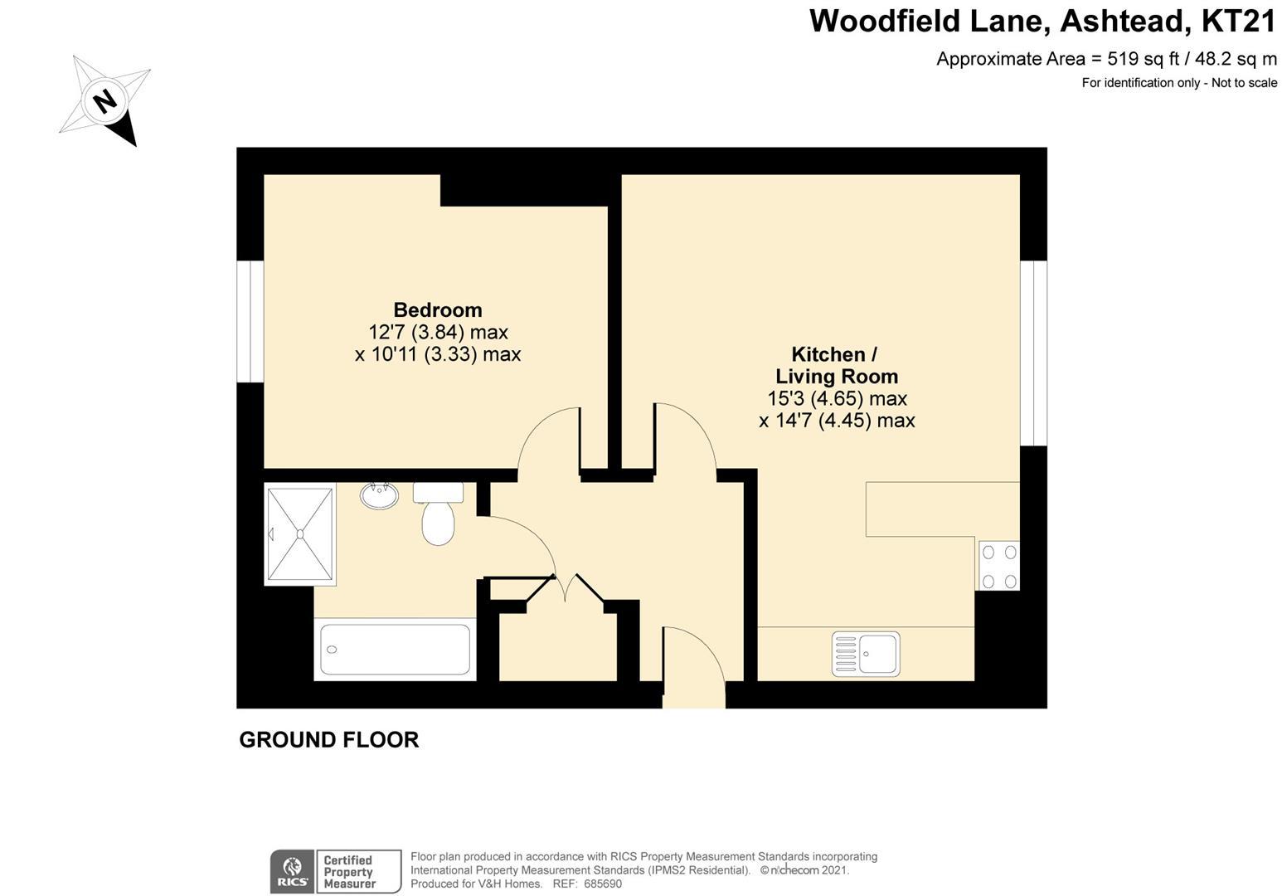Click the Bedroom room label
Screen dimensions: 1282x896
(438, 309)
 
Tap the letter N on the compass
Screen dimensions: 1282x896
(105, 102)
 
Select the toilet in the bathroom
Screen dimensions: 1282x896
(438, 513)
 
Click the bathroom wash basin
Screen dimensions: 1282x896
(379, 495)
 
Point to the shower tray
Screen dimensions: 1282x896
(300, 534)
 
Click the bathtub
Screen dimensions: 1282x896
(395, 650)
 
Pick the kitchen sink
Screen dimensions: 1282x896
(866, 653)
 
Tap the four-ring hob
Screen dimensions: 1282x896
(998, 566)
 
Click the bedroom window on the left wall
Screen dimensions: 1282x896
(250, 321)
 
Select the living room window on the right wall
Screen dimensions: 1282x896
(1033, 353)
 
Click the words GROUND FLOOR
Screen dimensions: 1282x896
(329, 740)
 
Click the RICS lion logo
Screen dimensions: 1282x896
(293, 871)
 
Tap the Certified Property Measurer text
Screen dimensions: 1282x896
(349, 871)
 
